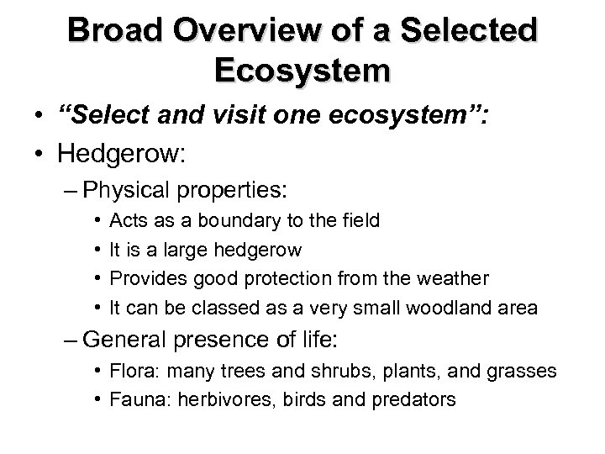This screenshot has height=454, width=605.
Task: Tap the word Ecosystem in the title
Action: click(x=302, y=70)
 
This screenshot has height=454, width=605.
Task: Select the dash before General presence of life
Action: click(x=71, y=341)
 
